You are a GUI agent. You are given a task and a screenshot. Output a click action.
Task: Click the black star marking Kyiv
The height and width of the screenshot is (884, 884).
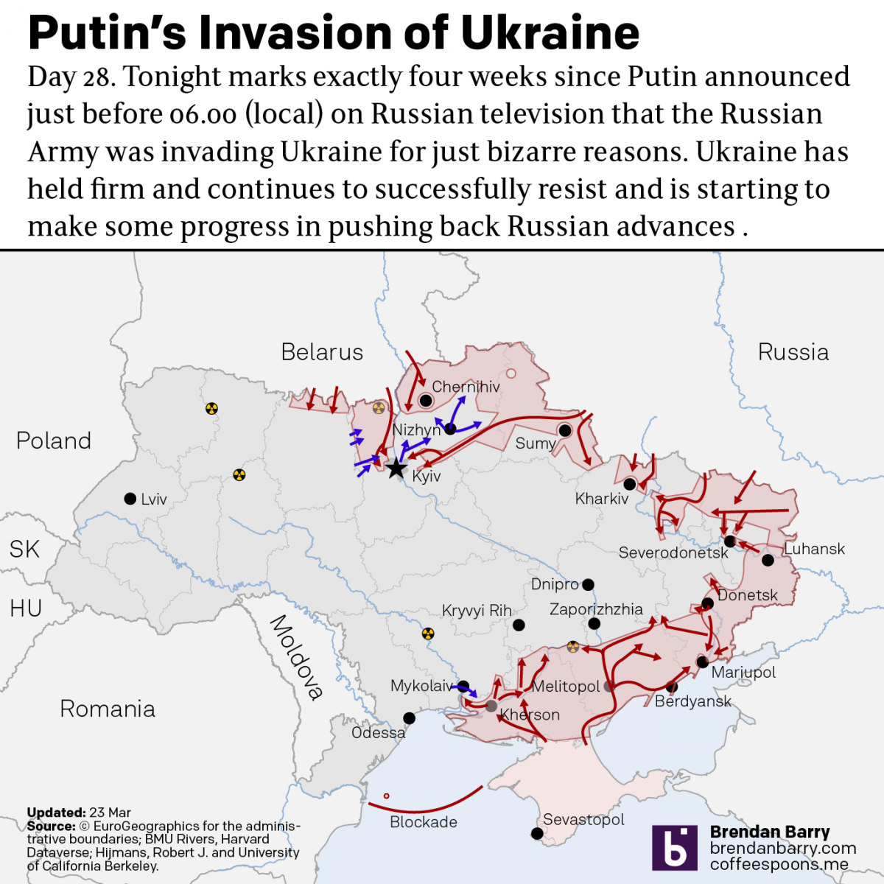pos(396,468)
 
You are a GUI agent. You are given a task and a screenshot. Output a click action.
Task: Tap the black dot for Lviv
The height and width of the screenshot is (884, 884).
pos(130,499)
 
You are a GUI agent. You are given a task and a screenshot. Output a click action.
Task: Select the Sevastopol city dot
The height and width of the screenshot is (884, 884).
pos(537,834)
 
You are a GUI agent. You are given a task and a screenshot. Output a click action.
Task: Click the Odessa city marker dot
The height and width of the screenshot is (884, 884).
pos(409,718)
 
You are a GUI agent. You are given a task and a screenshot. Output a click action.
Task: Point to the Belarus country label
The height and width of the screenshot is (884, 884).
pos(322,352)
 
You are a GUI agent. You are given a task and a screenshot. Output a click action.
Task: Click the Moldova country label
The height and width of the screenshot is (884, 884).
pos(297,656)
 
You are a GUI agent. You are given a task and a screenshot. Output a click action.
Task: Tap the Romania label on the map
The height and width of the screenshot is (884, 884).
pos(108,709)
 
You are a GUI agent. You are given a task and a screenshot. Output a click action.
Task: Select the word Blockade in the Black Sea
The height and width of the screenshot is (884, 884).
pos(424,822)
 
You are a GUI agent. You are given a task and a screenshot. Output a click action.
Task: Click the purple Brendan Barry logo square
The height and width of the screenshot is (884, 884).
pos(674,847)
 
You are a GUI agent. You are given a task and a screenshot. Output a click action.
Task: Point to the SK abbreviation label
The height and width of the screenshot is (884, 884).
pos(24,549)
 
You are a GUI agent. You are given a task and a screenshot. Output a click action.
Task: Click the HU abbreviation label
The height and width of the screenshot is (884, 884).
pos(26,608)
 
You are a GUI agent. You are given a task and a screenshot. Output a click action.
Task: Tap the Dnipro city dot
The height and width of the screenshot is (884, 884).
pos(588,585)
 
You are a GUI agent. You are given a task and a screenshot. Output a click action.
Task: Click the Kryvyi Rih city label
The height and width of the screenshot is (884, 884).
pos(477,611)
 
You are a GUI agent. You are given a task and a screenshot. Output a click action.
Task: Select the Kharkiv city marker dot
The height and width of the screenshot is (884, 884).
pos(630,484)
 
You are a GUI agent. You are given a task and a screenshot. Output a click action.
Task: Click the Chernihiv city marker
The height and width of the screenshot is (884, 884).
pos(425,401)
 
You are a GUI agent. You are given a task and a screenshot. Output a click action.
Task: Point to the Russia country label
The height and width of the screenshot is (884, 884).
pos(793,352)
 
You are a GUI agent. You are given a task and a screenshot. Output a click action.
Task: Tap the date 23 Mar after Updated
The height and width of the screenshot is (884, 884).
pos(110,813)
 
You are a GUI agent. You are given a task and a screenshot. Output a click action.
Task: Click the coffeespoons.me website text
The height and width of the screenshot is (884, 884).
pos(779,864)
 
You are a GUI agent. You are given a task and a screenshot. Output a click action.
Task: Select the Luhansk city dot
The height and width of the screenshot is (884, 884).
pos(768,561)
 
